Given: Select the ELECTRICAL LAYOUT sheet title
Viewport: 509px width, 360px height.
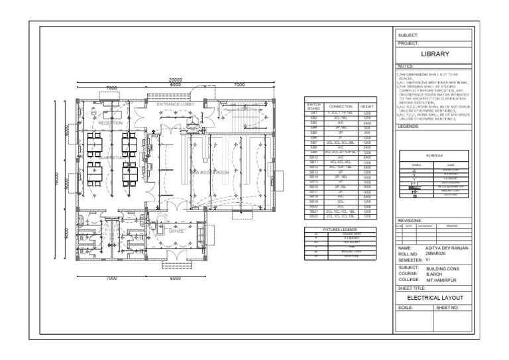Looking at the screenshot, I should pyautogui.click(x=435, y=298).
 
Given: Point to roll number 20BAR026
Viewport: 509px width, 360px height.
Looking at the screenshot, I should pyautogui.click(x=437, y=253).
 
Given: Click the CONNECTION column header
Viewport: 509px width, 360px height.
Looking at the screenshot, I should pyautogui.click(x=341, y=106).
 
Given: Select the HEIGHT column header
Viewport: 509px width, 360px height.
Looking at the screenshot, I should pyautogui.click(x=367, y=106).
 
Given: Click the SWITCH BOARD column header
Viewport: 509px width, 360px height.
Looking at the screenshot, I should pyautogui.click(x=314, y=106).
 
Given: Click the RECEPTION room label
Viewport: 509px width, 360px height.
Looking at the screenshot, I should pyautogui.click(x=110, y=123).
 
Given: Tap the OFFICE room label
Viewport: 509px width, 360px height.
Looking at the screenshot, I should pyautogui.click(x=176, y=231).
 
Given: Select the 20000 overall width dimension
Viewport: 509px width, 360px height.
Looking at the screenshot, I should pyautogui.click(x=175, y=80).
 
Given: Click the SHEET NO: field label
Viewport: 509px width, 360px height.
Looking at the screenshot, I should pyautogui.click(x=447, y=308).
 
